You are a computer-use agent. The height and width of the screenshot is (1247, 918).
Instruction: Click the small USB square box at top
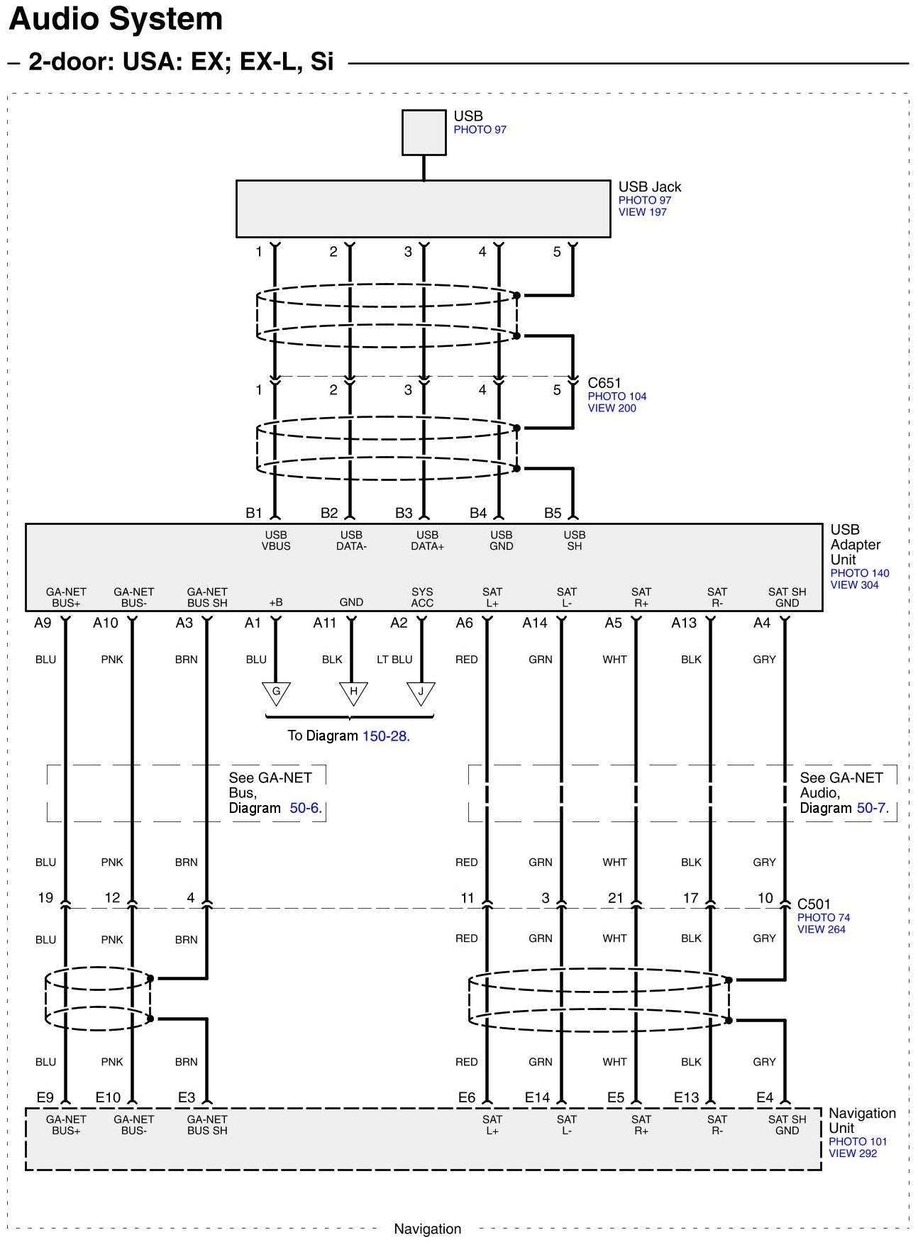[x=424, y=132]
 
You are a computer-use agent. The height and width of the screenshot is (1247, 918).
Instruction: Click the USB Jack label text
[x=649, y=187]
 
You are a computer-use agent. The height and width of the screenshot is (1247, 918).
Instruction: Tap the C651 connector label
[x=604, y=383]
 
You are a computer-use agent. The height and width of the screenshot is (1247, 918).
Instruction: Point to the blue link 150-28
[x=386, y=736]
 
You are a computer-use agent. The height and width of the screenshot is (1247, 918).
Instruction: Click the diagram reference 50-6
[x=306, y=808]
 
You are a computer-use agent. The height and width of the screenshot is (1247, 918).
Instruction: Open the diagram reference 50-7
[x=873, y=808]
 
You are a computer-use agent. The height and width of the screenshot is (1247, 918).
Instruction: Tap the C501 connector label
[x=814, y=904]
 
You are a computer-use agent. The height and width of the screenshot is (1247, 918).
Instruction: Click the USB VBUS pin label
[x=276, y=541]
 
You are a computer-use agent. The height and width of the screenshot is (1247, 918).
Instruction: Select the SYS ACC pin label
[x=422, y=597]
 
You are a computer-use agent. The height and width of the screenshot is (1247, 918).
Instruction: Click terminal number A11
[x=325, y=623]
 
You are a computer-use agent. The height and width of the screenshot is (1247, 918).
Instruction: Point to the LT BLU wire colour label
[x=394, y=660]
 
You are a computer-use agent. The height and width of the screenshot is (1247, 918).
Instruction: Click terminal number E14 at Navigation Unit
[x=537, y=1097]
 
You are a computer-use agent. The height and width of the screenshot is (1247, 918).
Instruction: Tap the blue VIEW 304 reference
[x=855, y=585]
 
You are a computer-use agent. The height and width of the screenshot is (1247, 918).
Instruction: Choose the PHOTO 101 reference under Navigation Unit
[x=858, y=1141]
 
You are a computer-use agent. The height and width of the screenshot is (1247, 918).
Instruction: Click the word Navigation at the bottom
[x=428, y=1229]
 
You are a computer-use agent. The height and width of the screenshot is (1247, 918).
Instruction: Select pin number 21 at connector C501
[x=615, y=898]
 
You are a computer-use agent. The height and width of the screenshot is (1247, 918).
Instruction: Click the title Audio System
[x=116, y=18]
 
